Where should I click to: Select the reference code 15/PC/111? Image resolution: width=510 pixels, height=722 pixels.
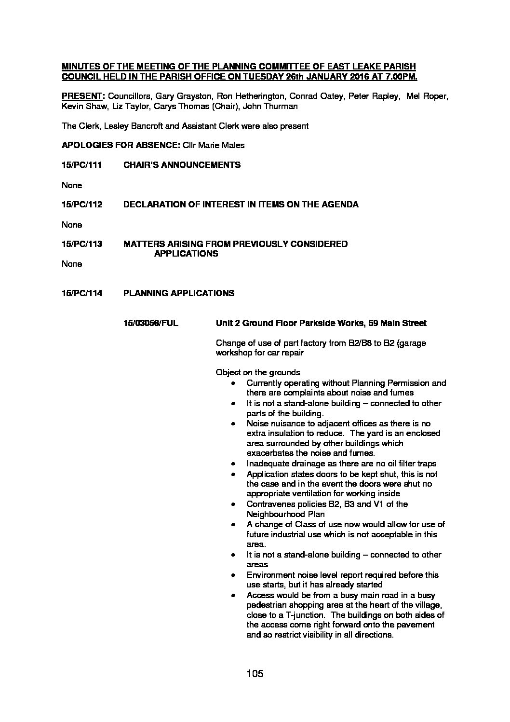click(x=82, y=165)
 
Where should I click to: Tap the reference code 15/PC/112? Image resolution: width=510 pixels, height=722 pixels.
click(x=82, y=204)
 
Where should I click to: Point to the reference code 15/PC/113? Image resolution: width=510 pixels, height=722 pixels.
click(x=82, y=244)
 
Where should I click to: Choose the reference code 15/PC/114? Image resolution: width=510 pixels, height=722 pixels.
click(x=82, y=293)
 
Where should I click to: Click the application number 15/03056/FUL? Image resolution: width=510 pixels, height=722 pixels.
click(x=151, y=323)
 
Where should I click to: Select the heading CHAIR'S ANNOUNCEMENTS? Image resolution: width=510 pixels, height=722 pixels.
click(x=182, y=165)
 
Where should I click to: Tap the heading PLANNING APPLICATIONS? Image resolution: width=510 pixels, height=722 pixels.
click(x=179, y=293)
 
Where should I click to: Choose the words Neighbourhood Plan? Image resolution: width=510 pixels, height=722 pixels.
click(x=285, y=514)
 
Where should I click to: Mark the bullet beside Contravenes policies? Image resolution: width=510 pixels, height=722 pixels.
click(x=233, y=504)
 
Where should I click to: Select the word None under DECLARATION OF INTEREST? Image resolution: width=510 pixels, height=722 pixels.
click(x=72, y=225)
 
